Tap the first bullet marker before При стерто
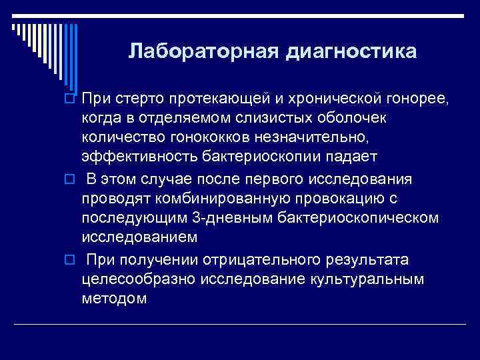(x=69, y=100)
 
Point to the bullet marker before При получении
(x=69, y=260)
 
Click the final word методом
(x=114, y=298)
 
